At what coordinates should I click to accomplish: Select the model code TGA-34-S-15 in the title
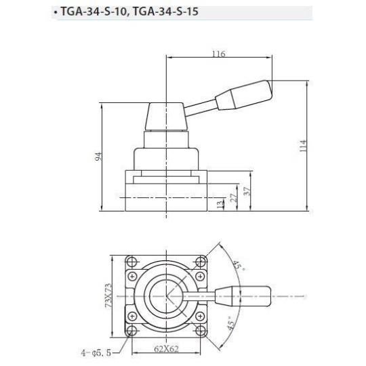(x=167, y=12)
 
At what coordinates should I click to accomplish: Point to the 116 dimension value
(x=218, y=54)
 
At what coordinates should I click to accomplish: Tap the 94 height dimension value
(x=98, y=157)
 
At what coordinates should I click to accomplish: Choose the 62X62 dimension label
(x=165, y=350)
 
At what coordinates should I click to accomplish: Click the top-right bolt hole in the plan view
(x=199, y=262)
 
